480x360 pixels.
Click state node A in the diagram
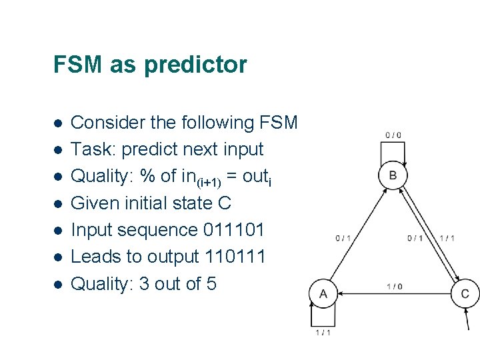(324, 293)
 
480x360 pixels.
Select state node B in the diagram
(393, 175)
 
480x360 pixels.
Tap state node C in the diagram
(465, 293)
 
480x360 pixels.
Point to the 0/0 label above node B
(393, 135)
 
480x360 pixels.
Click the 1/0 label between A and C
(394, 287)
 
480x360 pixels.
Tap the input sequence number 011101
(234, 230)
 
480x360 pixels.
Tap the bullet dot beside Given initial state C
(57, 204)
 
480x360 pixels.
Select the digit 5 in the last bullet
(211, 284)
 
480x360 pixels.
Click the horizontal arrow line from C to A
(394, 293)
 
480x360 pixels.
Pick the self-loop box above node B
(393, 152)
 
